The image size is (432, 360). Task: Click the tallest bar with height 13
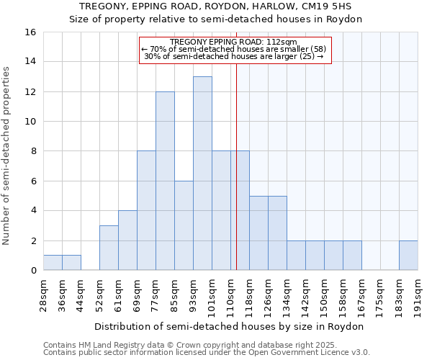202,174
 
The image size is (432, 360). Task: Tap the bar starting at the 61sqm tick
127,240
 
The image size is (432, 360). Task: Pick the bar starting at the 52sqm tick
109,248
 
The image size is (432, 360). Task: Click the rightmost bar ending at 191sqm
408,256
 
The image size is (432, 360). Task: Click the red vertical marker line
236,166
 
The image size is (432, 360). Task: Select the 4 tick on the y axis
32,211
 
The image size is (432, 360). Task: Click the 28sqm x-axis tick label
44,294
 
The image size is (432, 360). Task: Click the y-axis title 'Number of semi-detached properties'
7,156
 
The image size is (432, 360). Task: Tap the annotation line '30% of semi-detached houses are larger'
233,56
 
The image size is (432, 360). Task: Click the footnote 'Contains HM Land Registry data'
108,345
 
